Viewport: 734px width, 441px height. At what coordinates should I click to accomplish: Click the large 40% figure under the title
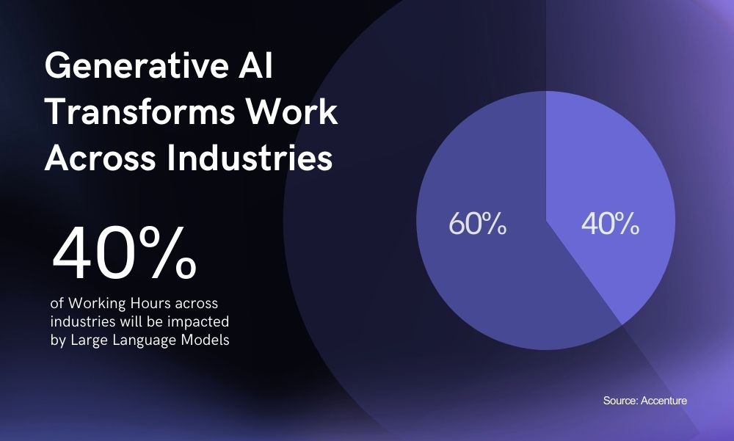coord(124,254)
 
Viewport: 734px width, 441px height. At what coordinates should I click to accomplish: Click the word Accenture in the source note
coord(664,401)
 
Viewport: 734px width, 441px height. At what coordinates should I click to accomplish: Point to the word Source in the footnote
coord(620,401)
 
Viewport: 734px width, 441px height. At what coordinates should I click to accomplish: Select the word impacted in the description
coord(203,321)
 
